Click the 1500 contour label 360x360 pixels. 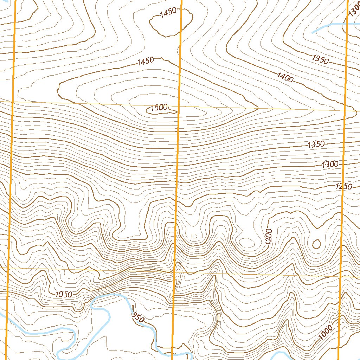tap(159, 108)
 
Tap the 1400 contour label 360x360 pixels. tap(285, 77)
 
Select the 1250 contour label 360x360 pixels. tap(344, 186)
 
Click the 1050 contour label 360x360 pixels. tap(64, 294)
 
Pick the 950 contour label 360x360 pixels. tap(137, 317)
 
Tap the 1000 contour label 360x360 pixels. tap(326, 333)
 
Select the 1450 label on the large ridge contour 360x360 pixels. tap(146, 61)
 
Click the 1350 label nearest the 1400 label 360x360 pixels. tap(320, 59)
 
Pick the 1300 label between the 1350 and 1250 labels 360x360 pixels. tap(329, 164)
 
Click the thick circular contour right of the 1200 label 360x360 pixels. tap(316, 244)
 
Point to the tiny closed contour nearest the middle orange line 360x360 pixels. tap(193, 236)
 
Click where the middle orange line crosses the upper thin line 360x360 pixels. tap(179, 106)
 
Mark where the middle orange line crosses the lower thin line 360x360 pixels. tap(175, 272)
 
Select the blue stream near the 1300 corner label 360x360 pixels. tap(327, 27)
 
